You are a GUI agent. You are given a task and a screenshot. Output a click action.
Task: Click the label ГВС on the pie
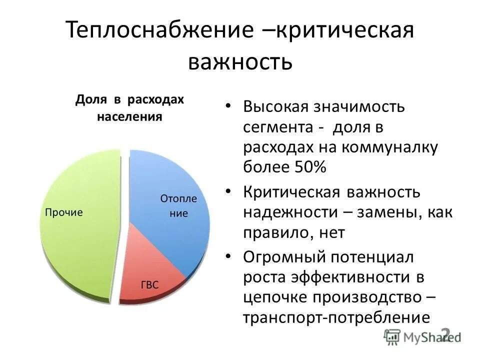149,285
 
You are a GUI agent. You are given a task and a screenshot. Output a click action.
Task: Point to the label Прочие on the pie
64,212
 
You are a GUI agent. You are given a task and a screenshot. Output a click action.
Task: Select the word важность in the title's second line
239,62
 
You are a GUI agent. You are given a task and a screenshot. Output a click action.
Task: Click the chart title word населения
129,117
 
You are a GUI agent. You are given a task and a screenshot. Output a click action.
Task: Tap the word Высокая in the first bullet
275,107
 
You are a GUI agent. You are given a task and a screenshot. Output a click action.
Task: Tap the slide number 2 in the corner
446,334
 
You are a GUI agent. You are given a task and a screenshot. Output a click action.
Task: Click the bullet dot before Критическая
228,191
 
